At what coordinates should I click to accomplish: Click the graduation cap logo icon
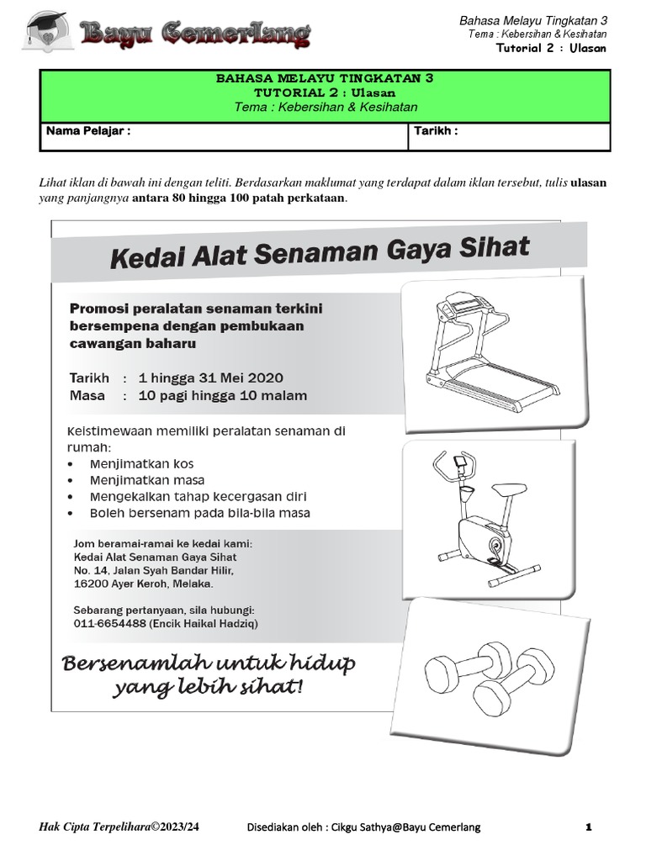40,31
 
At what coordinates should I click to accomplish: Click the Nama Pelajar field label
88,132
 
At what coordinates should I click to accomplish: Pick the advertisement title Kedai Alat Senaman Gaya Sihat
320,252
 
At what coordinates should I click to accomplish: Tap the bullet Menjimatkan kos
142,464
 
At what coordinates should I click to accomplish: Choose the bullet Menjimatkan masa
147,480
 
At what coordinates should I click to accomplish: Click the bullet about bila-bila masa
200,512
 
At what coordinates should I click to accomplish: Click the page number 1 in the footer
589,828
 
